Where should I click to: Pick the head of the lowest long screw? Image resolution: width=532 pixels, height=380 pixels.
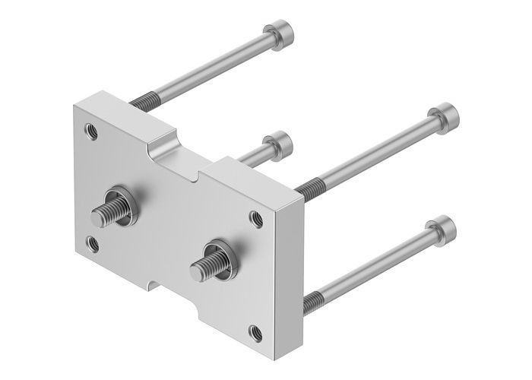tap(442, 226)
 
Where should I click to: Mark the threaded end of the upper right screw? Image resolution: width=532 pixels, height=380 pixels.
tap(306, 188)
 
